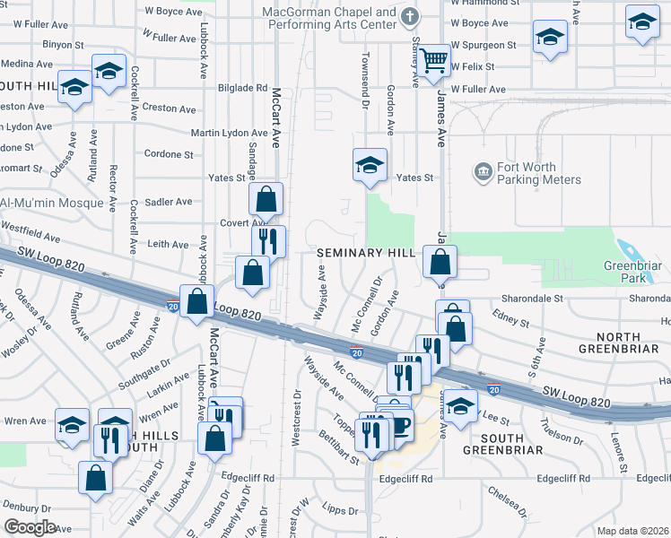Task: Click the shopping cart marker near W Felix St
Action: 433,60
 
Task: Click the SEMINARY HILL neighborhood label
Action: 366,254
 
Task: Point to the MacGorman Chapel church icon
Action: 410,16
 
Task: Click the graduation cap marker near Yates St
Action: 370,165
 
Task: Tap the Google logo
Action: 30,527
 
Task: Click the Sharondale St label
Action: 531,298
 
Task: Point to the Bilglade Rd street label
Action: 242,88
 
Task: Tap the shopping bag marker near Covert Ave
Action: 266,200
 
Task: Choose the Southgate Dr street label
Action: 145,370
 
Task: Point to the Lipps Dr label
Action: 340,511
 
